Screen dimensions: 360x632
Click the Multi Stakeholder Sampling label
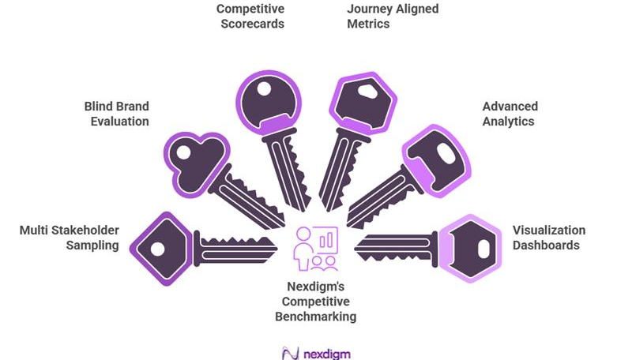pyautogui.click(x=69, y=238)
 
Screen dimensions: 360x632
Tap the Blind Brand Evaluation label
pyautogui.click(x=116, y=114)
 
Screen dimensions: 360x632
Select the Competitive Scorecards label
pyautogui.click(x=250, y=17)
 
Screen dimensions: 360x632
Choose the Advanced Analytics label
pyautogui.click(x=510, y=114)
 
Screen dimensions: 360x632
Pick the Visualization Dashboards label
pyautogui.click(x=549, y=238)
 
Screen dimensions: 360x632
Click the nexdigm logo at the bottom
pyautogui.click(x=315, y=352)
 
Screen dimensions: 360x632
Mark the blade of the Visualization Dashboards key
pyautogui.click(x=395, y=247)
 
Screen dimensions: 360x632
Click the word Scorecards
pyautogui.click(x=250, y=24)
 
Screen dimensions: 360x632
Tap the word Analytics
pyautogui.click(x=510, y=122)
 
